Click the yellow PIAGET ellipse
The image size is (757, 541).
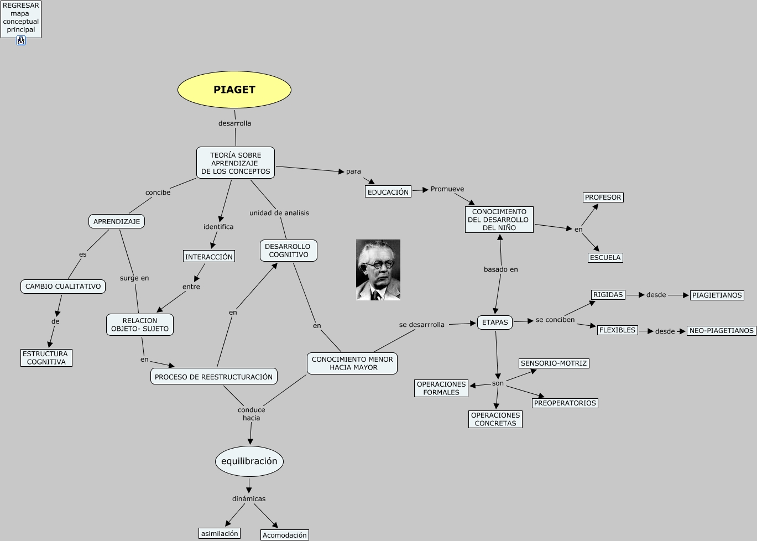point(234,90)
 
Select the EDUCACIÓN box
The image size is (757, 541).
point(388,192)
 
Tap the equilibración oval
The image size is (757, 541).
point(249,461)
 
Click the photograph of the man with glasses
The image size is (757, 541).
point(378,270)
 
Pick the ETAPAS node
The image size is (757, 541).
point(495,322)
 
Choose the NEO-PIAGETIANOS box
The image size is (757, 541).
point(721,331)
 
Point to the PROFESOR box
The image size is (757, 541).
point(603,197)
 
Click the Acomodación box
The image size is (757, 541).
point(284,535)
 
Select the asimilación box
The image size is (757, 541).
point(220,533)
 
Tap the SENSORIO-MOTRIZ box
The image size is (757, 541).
point(554,363)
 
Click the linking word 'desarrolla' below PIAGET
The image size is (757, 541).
point(234,123)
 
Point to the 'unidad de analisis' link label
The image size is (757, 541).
point(279,213)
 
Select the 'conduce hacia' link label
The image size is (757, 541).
point(251,414)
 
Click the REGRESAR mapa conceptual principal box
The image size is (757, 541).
point(21,18)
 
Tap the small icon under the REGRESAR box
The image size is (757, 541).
point(21,40)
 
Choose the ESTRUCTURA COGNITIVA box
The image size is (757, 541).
point(46,358)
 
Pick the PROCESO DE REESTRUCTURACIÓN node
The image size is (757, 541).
point(213,377)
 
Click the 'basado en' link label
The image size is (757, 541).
point(500,269)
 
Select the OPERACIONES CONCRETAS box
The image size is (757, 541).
point(495,419)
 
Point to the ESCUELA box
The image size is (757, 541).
point(605,258)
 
